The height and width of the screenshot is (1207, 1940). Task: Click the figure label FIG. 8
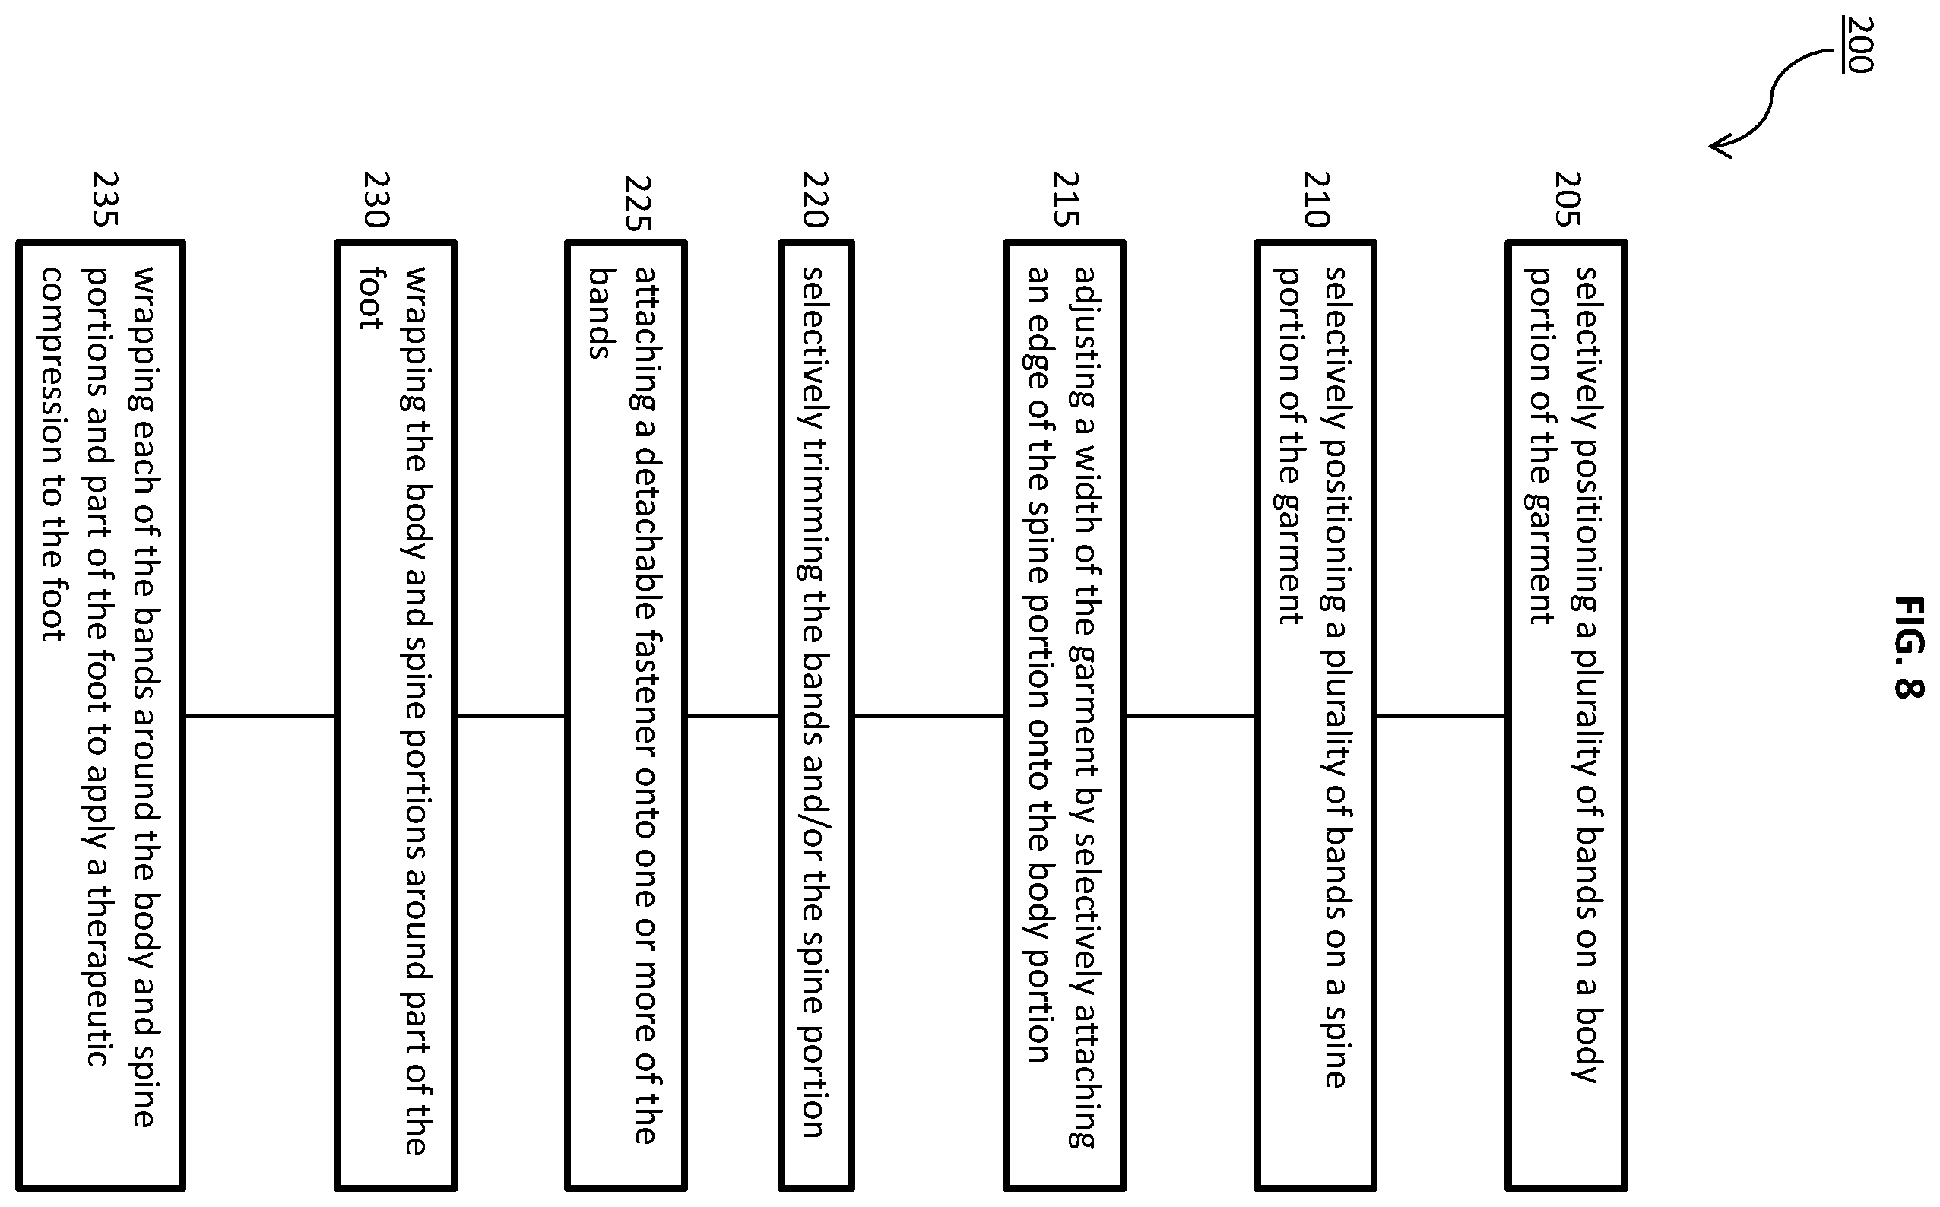(x=1909, y=647)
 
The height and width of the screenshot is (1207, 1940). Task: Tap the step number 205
(x=1568, y=199)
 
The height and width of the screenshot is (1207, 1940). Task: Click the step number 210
(x=1317, y=199)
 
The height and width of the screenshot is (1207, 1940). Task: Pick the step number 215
(x=1066, y=199)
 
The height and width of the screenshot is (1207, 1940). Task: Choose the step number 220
(x=815, y=199)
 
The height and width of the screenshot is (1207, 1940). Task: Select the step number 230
(x=376, y=199)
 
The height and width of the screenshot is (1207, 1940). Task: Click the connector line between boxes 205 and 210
(x=1441, y=716)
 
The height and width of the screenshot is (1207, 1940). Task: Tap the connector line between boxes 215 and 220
(x=929, y=716)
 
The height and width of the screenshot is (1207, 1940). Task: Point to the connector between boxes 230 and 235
(x=260, y=716)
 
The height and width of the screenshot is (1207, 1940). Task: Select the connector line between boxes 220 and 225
(x=733, y=716)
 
